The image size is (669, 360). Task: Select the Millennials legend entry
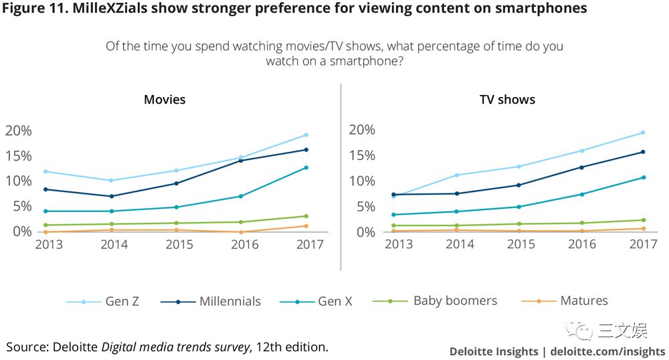coord(210,301)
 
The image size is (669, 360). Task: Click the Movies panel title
coord(165,100)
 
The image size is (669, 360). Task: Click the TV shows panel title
coord(507,100)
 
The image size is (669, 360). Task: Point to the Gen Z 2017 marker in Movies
coord(306,135)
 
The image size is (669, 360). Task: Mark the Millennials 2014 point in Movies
coord(110,196)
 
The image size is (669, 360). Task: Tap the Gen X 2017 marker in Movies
coord(306,167)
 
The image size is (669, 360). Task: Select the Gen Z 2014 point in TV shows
coord(456,175)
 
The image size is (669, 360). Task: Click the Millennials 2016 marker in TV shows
coord(581,167)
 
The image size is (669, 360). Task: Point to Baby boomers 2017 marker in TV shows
coord(644,220)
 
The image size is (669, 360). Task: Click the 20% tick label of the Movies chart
coord(18,130)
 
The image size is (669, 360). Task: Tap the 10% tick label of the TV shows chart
coord(361,181)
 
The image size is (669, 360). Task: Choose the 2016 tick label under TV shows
coord(581,245)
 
